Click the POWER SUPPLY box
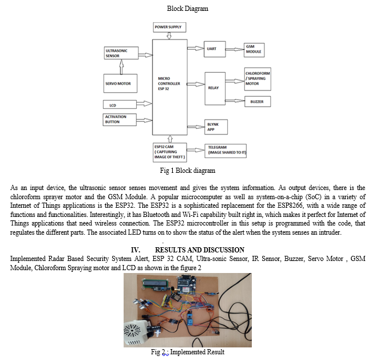click(x=170, y=27)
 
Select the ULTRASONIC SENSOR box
click(x=120, y=53)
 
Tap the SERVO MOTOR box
click(x=120, y=84)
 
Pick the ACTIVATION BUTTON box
click(x=120, y=120)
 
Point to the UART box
click(x=215, y=49)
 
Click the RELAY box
click(x=215, y=89)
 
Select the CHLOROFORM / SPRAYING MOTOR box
click(x=257, y=79)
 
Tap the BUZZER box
click(x=257, y=101)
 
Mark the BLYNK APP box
click(x=215, y=127)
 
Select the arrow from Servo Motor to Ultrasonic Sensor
click(x=120, y=66)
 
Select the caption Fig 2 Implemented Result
click(x=188, y=351)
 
